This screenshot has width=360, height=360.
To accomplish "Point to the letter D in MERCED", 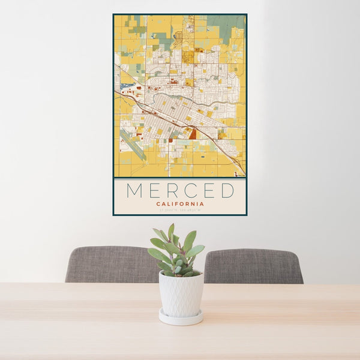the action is tap(227, 191).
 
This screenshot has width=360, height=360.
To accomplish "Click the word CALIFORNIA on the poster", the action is tap(180, 204).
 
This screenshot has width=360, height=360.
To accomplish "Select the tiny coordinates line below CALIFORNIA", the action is tap(180, 210).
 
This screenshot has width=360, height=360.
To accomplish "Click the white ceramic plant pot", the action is tap(181, 294).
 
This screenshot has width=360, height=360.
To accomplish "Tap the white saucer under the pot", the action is tap(181, 318).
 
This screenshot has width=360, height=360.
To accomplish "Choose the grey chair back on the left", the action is tap(111, 264).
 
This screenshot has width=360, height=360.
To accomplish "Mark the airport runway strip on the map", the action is tap(133, 145).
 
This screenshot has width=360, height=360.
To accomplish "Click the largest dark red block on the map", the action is tap(193, 133).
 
